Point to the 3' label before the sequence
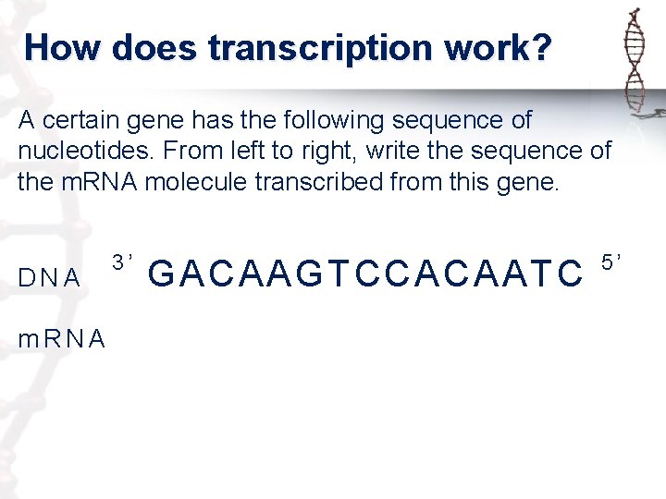click(x=124, y=262)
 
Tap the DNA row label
click(x=49, y=277)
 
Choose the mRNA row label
click(x=61, y=339)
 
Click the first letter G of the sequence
click(x=161, y=274)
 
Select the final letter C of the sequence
click(x=570, y=274)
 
